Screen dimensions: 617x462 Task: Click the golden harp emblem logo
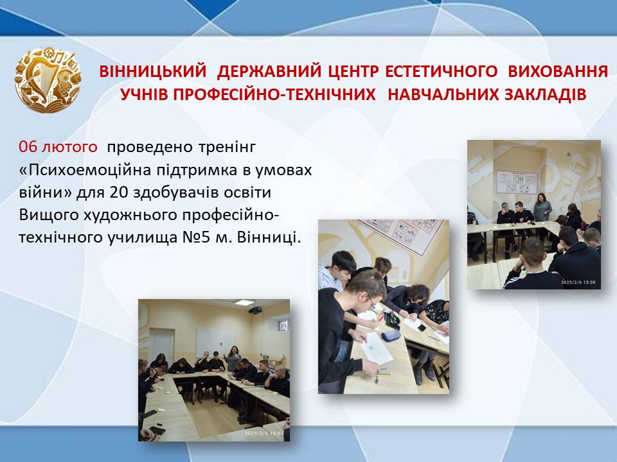coord(48,80)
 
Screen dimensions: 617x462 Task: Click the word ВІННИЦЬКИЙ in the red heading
coord(153,71)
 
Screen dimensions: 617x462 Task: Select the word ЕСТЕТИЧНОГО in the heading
coord(441,71)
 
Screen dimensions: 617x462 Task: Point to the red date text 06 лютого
coord(58,147)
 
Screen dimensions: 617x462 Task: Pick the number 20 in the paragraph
coord(119,193)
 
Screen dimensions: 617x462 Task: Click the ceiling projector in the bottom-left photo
coord(255,310)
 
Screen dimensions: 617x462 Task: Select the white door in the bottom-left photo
coord(162,345)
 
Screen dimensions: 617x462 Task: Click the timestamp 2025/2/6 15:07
coord(264,433)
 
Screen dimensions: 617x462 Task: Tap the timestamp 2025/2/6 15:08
coord(578,282)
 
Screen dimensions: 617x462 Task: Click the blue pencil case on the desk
coord(391,335)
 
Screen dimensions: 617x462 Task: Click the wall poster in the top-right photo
coord(517,182)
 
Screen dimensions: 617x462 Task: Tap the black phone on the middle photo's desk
coord(422,327)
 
